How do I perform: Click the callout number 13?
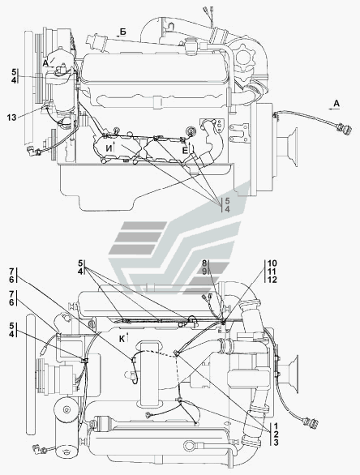coord(12,118)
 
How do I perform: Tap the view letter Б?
coord(122,32)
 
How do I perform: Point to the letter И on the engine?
coord(109,148)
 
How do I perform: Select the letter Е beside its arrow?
coord(185,151)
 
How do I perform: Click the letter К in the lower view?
coord(122,339)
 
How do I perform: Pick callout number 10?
coord(272,263)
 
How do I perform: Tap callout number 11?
coord(272,272)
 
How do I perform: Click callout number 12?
coord(272,280)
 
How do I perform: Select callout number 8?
coord(204,263)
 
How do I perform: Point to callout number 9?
coord(204,272)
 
